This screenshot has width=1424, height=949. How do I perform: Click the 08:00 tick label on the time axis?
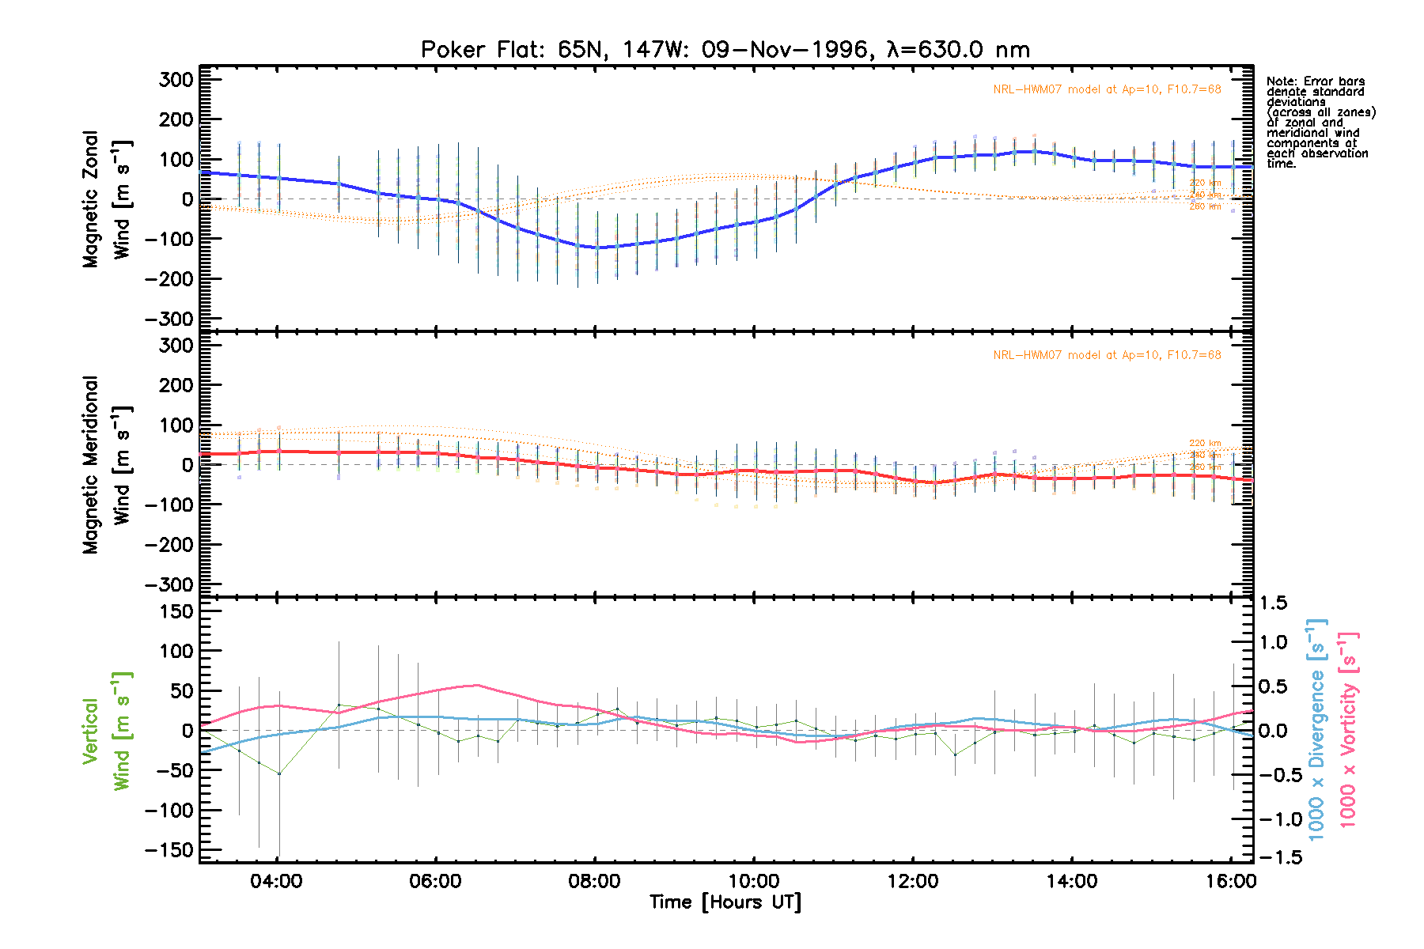pyautogui.click(x=594, y=881)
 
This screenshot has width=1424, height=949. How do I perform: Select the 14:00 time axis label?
pyautogui.click(x=1071, y=881)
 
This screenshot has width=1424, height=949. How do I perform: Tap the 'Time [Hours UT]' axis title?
pyautogui.click(x=725, y=902)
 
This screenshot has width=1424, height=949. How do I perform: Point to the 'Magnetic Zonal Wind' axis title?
pyautogui.click(x=106, y=199)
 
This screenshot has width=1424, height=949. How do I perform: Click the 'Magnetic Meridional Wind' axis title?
pyautogui.click(x=106, y=465)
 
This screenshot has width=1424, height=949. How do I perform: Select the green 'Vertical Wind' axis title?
pyautogui.click(x=106, y=730)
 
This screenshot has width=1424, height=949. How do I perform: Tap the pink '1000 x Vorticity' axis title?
pyautogui.click(x=1348, y=730)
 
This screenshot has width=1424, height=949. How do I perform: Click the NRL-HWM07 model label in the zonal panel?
pyautogui.click(x=1107, y=89)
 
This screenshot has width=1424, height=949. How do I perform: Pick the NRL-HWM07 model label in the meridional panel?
pyautogui.click(x=1107, y=355)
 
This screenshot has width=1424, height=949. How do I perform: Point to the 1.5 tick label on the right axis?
pyautogui.click(x=1273, y=603)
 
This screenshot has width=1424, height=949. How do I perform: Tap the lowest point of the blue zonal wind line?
pyautogui.click(x=596, y=248)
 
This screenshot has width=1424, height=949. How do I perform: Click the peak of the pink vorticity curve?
pyautogui.click(x=476, y=685)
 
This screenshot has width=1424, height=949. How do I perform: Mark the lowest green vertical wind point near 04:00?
pyautogui.click(x=278, y=773)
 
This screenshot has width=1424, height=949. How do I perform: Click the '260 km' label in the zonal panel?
pyautogui.click(x=1205, y=207)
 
